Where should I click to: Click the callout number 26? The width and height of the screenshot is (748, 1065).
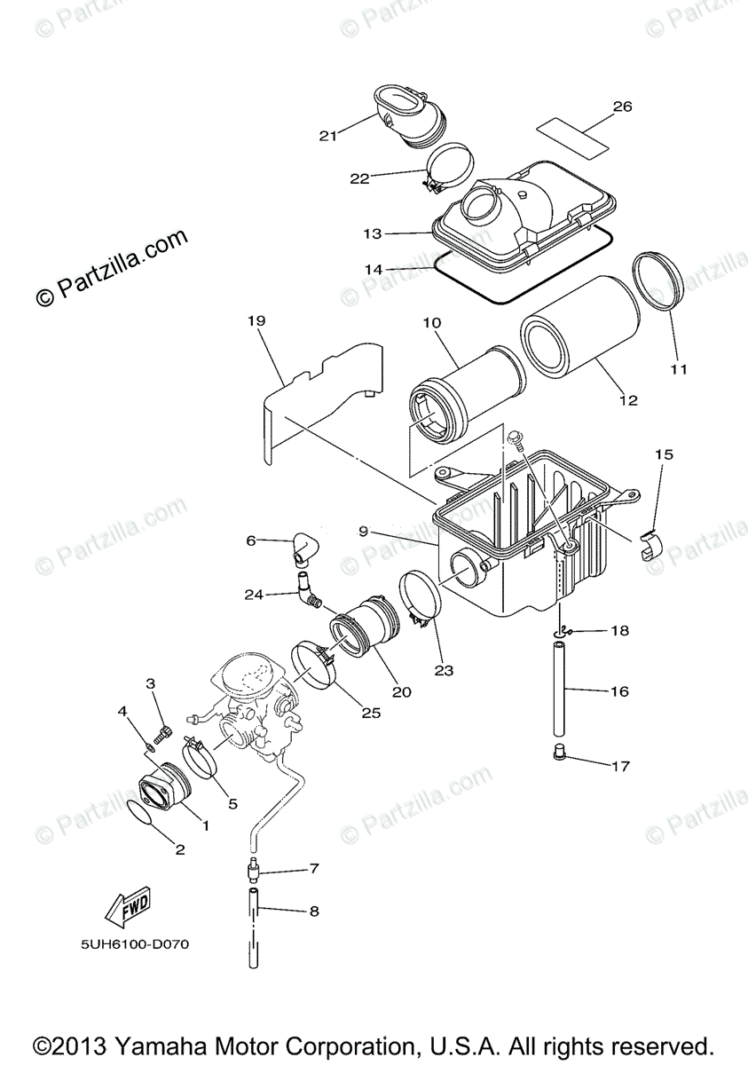[x=622, y=106]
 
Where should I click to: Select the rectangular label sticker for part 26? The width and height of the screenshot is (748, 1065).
[x=574, y=131]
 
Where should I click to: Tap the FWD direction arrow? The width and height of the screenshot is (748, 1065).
[x=126, y=906]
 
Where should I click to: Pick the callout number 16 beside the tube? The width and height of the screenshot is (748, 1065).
[x=621, y=690]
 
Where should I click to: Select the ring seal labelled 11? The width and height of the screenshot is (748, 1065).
[x=657, y=283]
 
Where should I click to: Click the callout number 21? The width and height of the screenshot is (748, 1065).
[x=328, y=136]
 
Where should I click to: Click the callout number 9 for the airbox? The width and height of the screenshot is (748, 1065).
[x=364, y=531]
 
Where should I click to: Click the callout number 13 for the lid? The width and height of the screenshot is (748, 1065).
[x=372, y=233]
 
